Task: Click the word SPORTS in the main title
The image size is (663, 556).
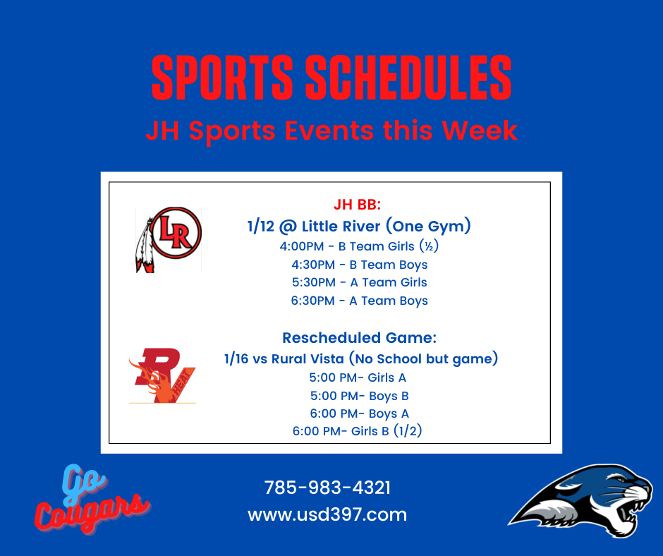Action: click(x=222, y=78)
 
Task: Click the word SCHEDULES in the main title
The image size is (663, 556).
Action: click(x=408, y=78)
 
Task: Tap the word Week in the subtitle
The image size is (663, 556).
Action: click(x=480, y=130)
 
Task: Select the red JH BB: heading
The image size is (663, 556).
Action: click(x=358, y=205)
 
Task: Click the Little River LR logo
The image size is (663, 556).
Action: click(x=169, y=239)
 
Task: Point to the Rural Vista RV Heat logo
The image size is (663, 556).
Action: click(x=162, y=375)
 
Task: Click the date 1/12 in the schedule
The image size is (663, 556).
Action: click(x=260, y=226)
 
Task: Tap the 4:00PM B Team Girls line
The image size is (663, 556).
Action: click(x=359, y=246)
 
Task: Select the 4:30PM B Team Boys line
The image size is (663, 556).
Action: click(x=360, y=265)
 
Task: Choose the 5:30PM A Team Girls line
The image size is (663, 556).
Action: click(x=360, y=283)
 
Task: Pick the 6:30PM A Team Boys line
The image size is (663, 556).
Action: click(x=360, y=301)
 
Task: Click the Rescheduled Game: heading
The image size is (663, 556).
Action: click(x=360, y=338)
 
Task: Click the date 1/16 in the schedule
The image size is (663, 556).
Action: click(x=236, y=359)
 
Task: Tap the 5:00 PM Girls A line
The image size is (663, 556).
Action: click(x=358, y=377)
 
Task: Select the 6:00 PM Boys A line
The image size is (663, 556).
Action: click(x=360, y=413)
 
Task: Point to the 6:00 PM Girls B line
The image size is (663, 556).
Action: click(x=358, y=431)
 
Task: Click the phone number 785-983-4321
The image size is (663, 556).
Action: click(x=327, y=488)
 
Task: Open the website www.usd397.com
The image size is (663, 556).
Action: click(x=327, y=514)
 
